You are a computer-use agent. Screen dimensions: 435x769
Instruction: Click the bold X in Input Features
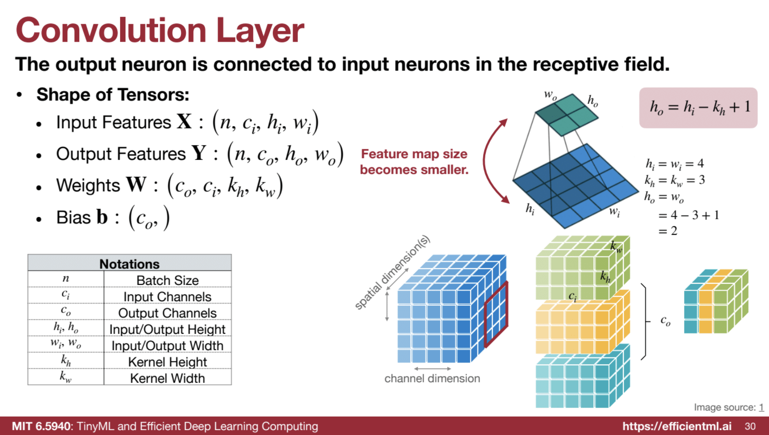pyautogui.click(x=184, y=121)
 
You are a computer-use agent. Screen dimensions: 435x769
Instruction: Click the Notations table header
pyautogui.click(x=129, y=264)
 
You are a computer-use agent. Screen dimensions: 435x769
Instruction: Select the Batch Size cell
pyautogui.click(x=167, y=280)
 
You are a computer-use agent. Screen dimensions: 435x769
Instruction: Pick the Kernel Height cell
pyautogui.click(x=167, y=362)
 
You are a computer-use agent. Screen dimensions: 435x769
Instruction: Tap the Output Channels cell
pyautogui.click(x=167, y=313)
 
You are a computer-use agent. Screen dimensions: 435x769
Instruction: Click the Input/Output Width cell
pyautogui.click(x=167, y=346)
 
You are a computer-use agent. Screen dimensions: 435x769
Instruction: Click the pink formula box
pyautogui.click(x=698, y=107)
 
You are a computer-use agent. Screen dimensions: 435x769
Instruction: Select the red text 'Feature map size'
pyautogui.click(x=414, y=154)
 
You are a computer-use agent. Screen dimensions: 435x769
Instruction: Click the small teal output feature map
pyautogui.click(x=567, y=115)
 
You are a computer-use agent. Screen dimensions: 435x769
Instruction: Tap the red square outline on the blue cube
pyautogui.click(x=496, y=314)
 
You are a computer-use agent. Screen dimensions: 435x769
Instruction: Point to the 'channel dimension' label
pyautogui.click(x=432, y=378)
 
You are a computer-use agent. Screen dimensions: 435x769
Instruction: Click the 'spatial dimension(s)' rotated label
pyautogui.click(x=392, y=273)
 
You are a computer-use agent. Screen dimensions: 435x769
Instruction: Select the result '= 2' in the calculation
pyautogui.click(x=668, y=231)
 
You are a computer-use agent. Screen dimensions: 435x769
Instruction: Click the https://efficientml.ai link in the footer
pyautogui.click(x=677, y=426)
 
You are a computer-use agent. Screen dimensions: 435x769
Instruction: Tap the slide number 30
pyautogui.click(x=750, y=426)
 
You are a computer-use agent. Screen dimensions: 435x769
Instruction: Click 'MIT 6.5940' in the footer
pyautogui.click(x=41, y=426)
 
